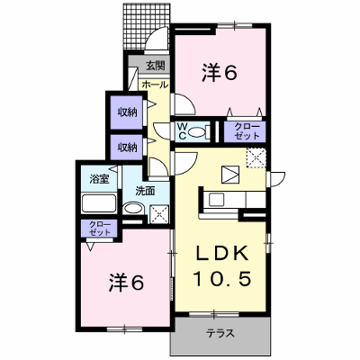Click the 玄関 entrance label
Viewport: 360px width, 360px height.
pos(156,66)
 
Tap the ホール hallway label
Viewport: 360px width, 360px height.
pos(155,85)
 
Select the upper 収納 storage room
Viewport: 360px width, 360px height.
pos(127,112)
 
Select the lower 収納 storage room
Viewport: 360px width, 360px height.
pos(127,148)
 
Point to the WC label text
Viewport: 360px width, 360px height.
pos(183,131)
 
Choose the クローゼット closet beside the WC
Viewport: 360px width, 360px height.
pos(245,131)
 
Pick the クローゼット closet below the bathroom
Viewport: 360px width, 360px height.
pos(100,229)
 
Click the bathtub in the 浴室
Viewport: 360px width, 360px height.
pos(99,203)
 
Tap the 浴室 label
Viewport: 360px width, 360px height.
pos(99,179)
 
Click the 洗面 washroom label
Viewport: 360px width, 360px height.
pos(145,191)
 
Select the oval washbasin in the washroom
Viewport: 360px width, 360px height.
pos(134,209)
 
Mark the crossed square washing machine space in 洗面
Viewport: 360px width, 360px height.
pos(159,214)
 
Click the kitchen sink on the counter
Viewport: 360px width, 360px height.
pos(216,200)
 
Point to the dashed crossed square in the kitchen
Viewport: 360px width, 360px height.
pos(256,157)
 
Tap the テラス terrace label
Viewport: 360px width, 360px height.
pos(220,333)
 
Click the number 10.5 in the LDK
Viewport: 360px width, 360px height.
pos(222,278)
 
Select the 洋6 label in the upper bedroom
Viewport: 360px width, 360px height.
pos(220,73)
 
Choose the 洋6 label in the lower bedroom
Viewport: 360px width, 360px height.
pos(126,283)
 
